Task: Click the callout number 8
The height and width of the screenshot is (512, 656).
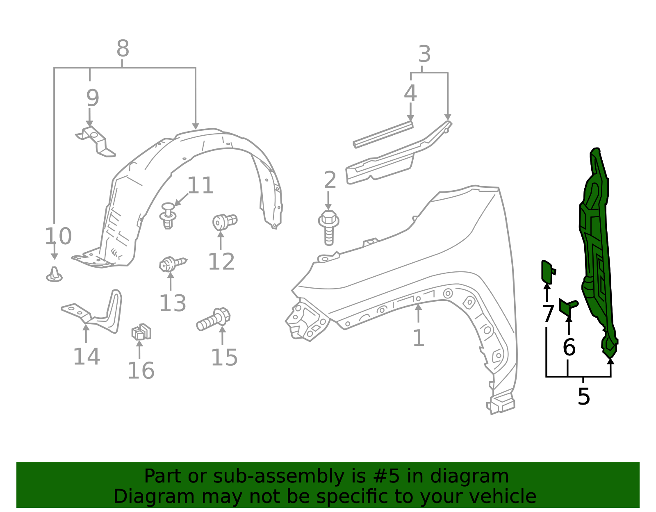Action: pos(123,49)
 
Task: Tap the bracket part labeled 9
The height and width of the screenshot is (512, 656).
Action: pos(96,141)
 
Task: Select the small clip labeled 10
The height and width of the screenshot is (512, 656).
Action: pos(54,274)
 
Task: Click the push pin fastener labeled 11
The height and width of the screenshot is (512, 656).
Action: pos(168,215)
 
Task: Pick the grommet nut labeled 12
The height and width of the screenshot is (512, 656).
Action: pos(224,222)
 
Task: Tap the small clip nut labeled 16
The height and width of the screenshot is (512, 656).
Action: pos(141,332)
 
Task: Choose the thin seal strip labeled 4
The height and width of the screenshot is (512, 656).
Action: pos(383,134)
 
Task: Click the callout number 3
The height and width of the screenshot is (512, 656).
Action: pos(424,54)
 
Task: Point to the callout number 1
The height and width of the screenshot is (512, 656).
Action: pos(418,338)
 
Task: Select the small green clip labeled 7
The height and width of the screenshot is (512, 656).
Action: pos(548,272)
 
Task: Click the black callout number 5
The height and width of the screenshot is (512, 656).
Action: pos(583,396)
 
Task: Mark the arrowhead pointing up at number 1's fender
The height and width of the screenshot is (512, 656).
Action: pos(418,307)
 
